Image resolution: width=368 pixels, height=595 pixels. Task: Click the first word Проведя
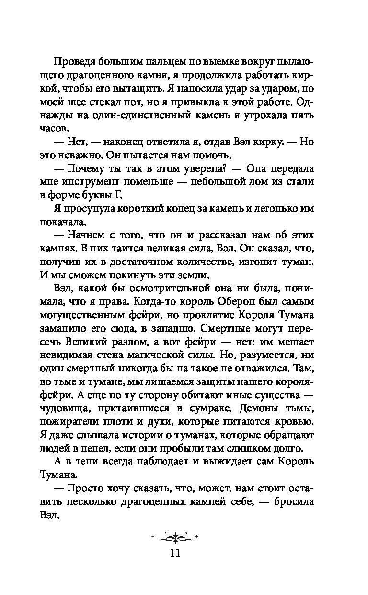tap(76, 62)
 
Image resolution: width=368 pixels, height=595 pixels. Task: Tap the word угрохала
tap(272, 116)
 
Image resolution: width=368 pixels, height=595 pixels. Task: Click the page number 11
tap(174, 553)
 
